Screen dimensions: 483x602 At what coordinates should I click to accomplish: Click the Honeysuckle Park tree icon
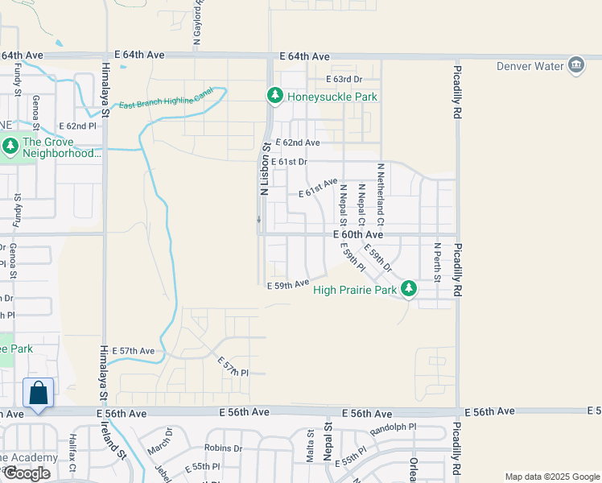click(275, 97)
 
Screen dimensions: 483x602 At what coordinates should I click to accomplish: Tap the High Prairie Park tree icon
click(409, 288)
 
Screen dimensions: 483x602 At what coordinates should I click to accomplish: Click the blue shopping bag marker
click(38, 394)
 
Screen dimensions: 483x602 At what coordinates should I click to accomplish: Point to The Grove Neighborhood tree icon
click(10, 146)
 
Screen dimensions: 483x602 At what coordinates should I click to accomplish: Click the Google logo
click(27, 473)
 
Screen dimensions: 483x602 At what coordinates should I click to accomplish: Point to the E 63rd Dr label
click(344, 79)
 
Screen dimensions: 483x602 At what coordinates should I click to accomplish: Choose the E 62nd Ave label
click(298, 142)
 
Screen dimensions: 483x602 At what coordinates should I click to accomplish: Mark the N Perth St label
click(437, 262)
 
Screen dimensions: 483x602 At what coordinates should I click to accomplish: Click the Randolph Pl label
click(394, 427)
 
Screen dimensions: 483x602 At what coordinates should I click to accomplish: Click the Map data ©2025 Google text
click(551, 477)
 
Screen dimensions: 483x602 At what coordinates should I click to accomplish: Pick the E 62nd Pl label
click(77, 126)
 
